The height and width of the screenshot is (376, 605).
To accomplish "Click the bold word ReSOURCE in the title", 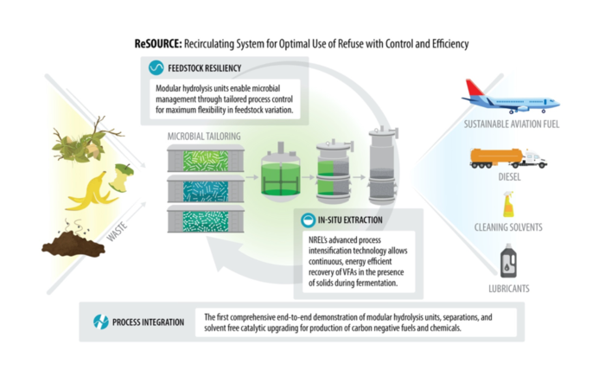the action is click(158, 43).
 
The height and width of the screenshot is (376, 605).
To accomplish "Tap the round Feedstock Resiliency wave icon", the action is click(156, 68).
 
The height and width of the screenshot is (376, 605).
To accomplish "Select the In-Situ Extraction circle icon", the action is click(308, 220).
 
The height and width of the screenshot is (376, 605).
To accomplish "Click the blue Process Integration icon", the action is click(101, 322).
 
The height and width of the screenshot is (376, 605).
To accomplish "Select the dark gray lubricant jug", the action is click(508, 260).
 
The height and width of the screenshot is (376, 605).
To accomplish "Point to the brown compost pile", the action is click(73, 241).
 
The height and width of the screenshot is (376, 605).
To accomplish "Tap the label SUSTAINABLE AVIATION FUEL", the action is click(512, 124).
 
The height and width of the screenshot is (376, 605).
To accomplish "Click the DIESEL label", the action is click(509, 177).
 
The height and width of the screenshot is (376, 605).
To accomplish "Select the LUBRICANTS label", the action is click(509, 289).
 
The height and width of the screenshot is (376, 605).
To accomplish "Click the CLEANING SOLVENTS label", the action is click(508, 227).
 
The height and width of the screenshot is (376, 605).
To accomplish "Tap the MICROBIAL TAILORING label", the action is click(204, 137).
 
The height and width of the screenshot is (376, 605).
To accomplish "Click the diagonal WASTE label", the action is click(117, 232).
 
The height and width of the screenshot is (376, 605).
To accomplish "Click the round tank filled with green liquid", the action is click(281, 173).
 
